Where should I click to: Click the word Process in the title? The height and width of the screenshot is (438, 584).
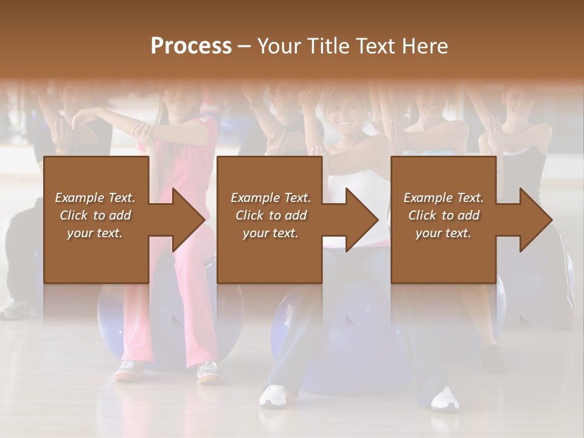[191, 46]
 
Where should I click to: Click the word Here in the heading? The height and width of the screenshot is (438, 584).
[425, 46]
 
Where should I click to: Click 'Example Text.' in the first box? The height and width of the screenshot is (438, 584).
[95, 198]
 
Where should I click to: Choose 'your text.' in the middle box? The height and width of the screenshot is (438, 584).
[270, 233]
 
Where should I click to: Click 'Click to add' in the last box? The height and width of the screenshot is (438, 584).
[443, 215]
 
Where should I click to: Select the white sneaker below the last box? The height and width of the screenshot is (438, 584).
[445, 398]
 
